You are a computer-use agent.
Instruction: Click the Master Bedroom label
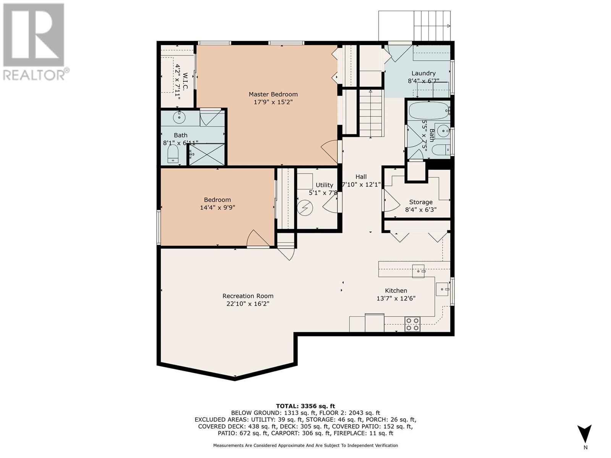tap(273, 94)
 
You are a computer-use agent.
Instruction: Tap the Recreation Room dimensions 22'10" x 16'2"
tap(248, 303)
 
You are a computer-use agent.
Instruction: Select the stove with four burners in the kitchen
tap(412, 324)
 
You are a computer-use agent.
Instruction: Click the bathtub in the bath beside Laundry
tap(428, 111)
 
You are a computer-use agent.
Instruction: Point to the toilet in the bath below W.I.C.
tap(173, 154)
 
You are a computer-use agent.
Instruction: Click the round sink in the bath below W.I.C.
tap(179, 117)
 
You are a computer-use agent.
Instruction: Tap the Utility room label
tap(324, 185)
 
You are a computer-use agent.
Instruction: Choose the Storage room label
tap(420, 202)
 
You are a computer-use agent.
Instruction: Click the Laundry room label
tap(423, 73)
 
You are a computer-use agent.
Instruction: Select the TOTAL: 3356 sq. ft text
tap(305, 406)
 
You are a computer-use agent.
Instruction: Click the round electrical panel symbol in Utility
tap(305, 208)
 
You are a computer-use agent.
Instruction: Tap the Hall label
tap(361, 177)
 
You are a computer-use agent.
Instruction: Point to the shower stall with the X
tap(207, 154)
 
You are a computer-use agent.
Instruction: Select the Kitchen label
tap(396, 290)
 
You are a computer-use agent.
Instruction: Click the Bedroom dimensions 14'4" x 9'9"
tap(217, 208)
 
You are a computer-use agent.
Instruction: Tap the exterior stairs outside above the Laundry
tap(432, 26)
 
